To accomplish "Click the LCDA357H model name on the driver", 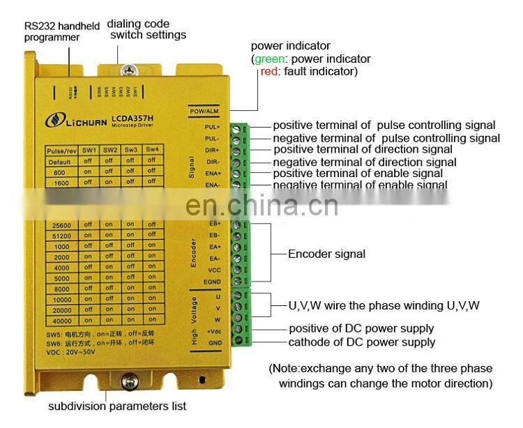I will pos(132,120).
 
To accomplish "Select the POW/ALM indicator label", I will pos(204,111).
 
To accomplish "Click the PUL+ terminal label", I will pos(213,128).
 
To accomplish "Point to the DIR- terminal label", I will pos(213,162).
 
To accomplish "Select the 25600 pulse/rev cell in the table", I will pos(63,224).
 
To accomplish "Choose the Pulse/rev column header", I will pos(62,150).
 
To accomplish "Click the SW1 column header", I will pos(88,150).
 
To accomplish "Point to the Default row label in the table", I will pos(62,160).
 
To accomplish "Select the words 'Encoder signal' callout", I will pos(326,254).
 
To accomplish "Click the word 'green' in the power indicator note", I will pos(269,59).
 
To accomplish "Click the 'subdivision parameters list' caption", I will pos(117,406).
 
